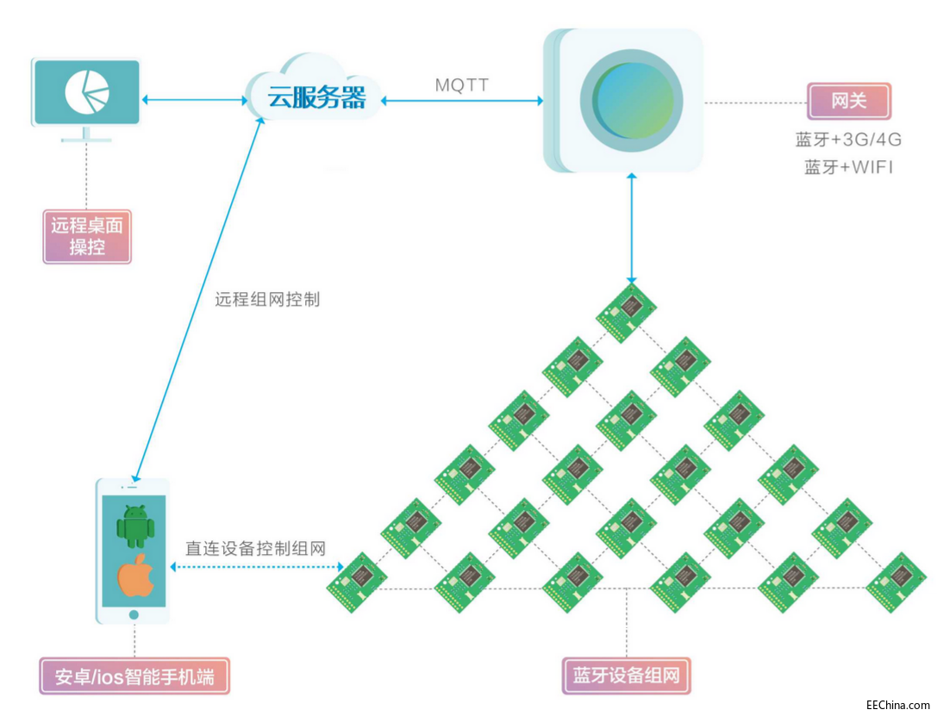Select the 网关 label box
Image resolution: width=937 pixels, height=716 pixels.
tap(848, 101)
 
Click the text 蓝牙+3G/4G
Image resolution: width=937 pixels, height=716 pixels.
tap(848, 140)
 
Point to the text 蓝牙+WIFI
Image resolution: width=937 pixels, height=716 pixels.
tap(848, 167)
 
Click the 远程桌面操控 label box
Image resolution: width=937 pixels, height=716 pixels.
tap(87, 236)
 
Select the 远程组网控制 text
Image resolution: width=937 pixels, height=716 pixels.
tap(267, 300)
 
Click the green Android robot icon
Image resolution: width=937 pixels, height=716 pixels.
tap(134, 526)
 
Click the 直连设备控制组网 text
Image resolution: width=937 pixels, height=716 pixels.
tap(256, 548)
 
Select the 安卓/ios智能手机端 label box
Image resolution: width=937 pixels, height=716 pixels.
tap(134, 676)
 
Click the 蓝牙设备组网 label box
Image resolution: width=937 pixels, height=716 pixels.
tap(626, 676)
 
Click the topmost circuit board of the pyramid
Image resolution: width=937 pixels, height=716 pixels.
tap(627, 311)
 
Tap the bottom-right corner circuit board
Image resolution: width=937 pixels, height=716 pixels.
tap(896, 582)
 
